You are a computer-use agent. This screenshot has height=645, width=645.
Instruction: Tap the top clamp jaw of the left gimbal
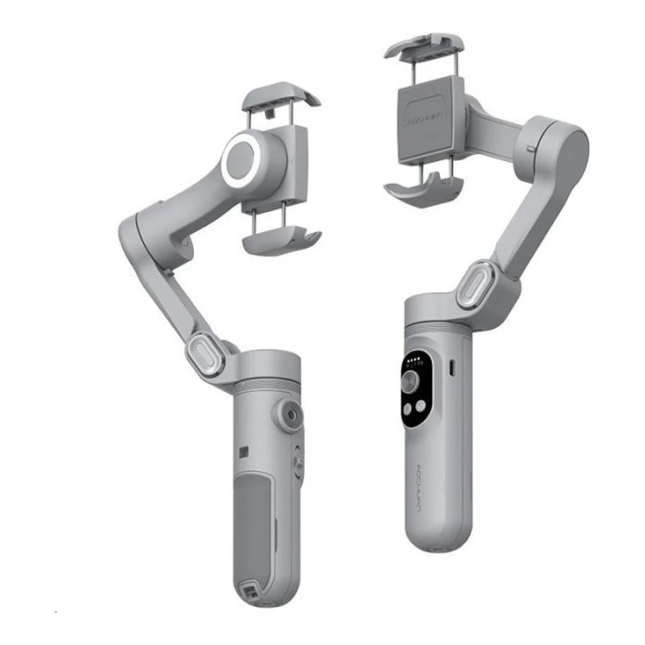point(279,100)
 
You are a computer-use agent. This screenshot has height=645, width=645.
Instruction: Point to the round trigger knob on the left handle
point(290,415)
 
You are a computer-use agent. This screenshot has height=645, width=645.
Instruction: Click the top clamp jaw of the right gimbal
point(423,45)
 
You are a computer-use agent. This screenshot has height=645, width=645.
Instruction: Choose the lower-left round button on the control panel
point(406,408)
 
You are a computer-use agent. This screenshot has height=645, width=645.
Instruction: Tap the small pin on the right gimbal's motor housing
point(530,148)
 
